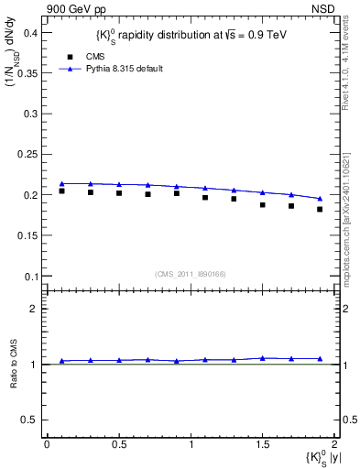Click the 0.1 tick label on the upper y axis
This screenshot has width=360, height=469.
pos(29,276)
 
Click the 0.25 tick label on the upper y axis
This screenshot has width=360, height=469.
pos(27,155)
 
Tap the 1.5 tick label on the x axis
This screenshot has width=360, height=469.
pos(263,444)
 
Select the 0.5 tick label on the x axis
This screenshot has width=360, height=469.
pos(118,444)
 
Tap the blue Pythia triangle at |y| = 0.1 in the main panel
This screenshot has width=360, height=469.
pos(61,183)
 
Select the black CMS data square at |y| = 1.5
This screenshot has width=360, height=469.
pos(262,204)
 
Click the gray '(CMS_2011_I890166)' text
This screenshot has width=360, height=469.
pos(190,273)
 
